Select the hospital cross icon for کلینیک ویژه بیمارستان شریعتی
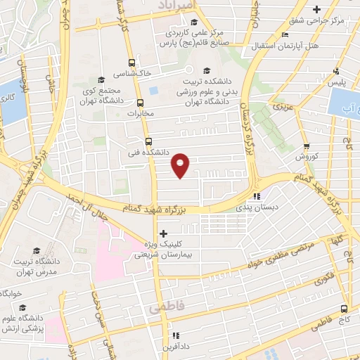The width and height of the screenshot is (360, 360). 163,233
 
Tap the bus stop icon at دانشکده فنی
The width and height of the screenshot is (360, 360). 148,140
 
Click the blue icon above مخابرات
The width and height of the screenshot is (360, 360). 153,92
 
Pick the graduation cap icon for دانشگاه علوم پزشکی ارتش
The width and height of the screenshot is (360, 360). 24,307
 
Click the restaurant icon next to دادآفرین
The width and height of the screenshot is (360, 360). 175,336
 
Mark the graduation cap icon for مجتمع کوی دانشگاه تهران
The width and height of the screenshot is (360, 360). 101,79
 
